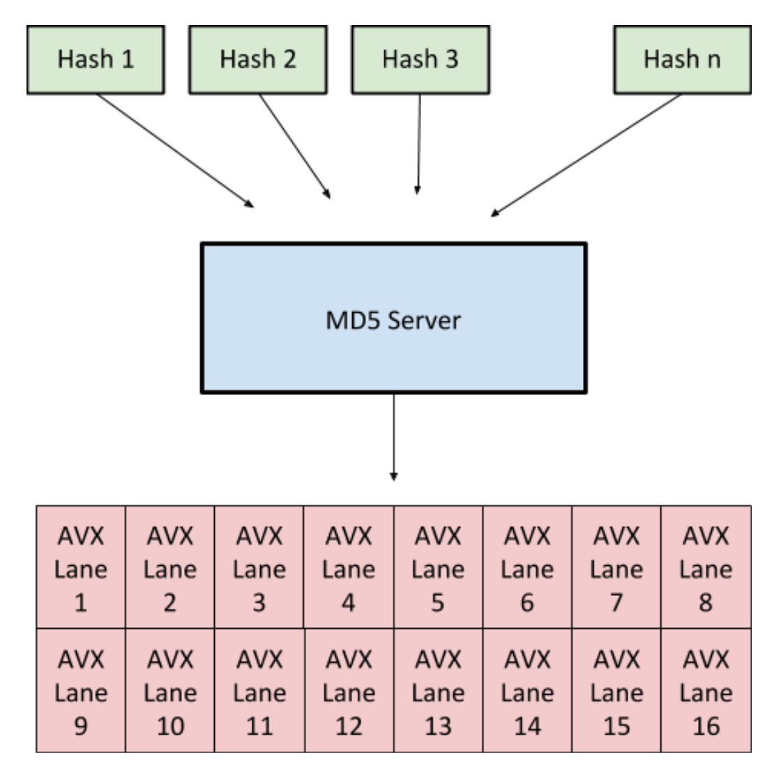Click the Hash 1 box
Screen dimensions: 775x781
(x=96, y=60)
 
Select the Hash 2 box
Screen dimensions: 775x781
(x=258, y=60)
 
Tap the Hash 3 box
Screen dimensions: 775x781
(x=420, y=60)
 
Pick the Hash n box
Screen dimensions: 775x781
(x=682, y=60)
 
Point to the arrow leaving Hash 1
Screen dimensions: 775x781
(x=174, y=150)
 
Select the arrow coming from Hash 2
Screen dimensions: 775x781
(x=294, y=146)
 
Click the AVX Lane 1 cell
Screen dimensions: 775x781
(x=81, y=567)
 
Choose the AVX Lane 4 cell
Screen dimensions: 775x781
(x=349, y=567)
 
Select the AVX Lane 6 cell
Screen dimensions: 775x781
(x=527, y=567)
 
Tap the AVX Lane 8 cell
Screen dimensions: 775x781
(x=706, y=567)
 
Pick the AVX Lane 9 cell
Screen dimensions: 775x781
(x=81, y=691)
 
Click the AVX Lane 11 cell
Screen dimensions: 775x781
(x=259, y=691)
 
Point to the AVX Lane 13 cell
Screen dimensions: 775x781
(x=438, y=691)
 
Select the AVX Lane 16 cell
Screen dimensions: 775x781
(x=706, y=691)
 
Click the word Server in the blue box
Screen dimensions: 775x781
(x=424, y=321)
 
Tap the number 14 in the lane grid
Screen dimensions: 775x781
(x=527, y=726)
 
